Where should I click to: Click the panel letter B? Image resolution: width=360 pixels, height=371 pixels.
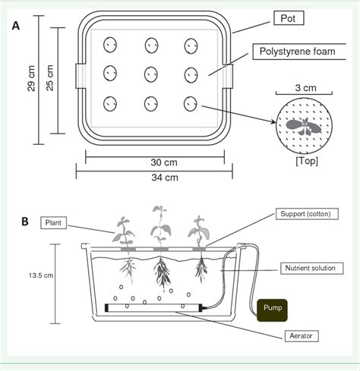[25, 222]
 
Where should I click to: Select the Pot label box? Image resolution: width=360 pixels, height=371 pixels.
[283, 17]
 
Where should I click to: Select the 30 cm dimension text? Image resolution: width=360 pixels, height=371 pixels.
[155, 162]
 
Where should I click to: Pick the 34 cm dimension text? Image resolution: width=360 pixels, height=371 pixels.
[155, 178]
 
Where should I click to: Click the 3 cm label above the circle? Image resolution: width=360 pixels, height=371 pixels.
[304, 88]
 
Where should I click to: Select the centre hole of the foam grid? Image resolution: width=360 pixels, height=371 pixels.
[150, 74]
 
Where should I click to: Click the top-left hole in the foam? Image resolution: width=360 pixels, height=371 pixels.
[111, 45]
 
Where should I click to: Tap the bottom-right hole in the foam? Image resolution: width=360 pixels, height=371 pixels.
[190, 103]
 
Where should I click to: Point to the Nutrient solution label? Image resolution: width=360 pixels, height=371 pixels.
[311, 268]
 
